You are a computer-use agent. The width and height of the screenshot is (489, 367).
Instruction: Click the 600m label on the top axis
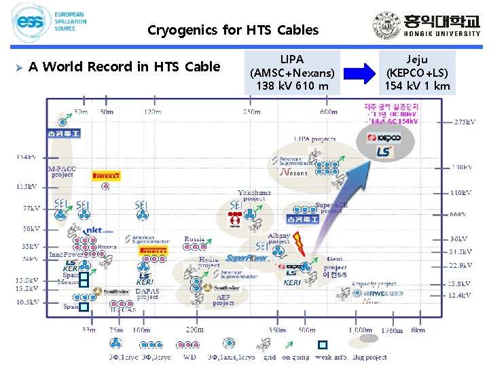[x=329, y=112]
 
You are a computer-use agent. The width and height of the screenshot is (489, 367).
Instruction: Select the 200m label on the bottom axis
[x=194, y=330]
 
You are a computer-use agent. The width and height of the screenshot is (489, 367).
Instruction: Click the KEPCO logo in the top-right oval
[x=384, y=138]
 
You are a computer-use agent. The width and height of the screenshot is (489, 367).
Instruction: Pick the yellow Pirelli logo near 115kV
[x=107, y=176]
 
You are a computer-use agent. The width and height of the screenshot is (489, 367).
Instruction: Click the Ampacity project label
[x=373, y=284]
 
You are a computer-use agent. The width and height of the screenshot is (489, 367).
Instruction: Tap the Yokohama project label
[x=254, y=196]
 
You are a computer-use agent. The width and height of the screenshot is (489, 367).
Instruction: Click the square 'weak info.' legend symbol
[x=323, y=345]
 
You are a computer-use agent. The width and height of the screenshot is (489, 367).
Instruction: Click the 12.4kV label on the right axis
[x=460, y=295]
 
